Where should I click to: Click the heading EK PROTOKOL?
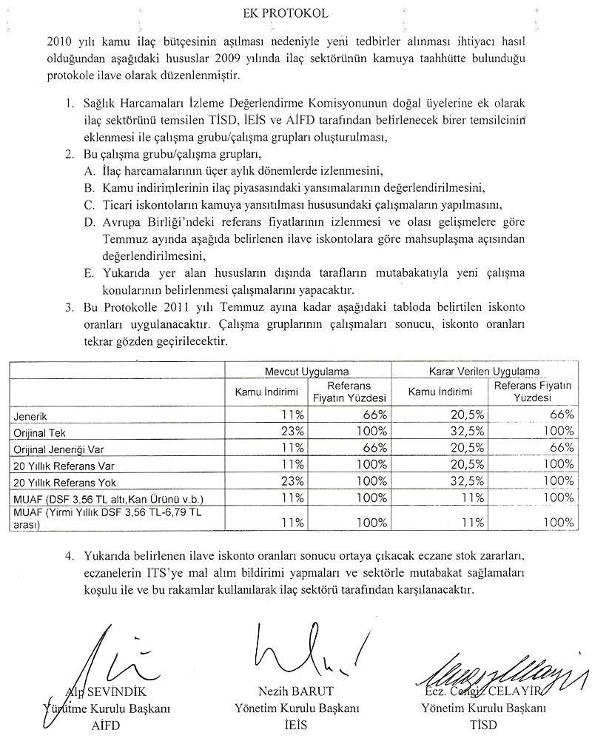(295, 13)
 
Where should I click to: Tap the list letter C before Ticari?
(87, 204)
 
